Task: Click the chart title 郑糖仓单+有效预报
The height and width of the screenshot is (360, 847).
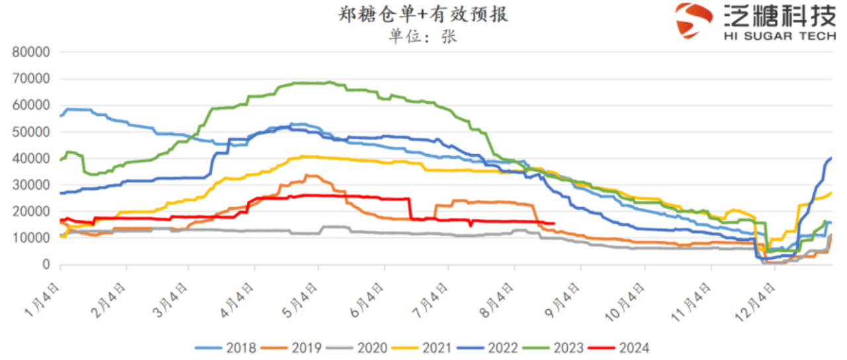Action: (423, 15)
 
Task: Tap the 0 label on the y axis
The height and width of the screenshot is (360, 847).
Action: (46, 265)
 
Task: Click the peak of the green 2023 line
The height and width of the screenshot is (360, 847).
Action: (329, 82)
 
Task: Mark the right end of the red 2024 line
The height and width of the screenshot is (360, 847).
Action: (553, 223)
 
